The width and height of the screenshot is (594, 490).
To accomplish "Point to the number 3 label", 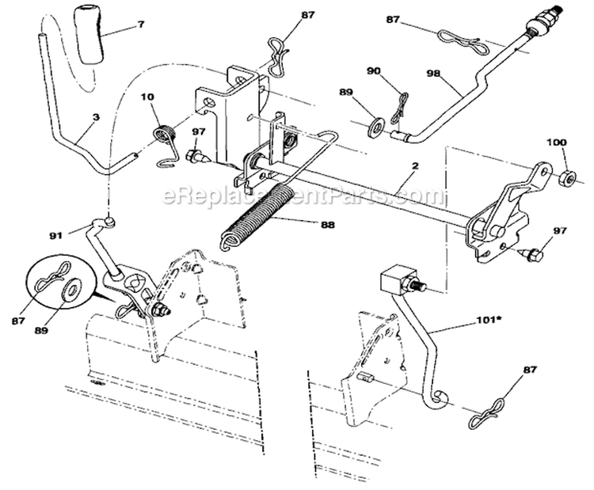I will point(95,116).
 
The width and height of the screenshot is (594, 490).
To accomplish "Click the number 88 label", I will point(326,225).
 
